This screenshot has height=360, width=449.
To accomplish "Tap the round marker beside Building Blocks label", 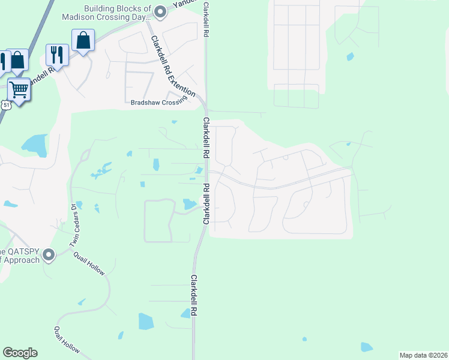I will tap(160, 11).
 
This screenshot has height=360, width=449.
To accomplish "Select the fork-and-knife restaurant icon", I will tap(57, 54).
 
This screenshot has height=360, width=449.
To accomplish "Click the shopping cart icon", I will tap(19, 90).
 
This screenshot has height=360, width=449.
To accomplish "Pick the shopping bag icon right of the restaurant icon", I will tap(83, 40).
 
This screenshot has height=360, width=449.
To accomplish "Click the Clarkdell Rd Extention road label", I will tap(173, 67).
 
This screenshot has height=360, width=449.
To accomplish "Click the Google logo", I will tap(20, 353).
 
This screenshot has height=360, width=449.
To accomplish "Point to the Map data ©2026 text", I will tap(423, 355).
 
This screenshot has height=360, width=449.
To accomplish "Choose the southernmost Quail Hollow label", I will tap(67, 340).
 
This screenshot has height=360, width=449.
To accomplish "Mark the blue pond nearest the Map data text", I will tap(366, 347).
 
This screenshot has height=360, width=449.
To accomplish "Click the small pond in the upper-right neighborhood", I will tap(349, 58).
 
